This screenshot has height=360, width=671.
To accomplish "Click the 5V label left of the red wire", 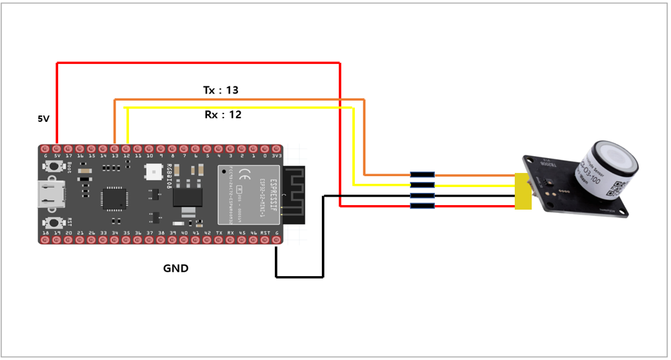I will click(x=43, y=119).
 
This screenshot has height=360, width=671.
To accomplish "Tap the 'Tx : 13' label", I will click(x=221, y=90).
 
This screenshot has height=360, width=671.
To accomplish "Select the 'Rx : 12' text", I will click(x=223, y=114).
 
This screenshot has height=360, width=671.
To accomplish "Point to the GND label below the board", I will click(x=175, y=268).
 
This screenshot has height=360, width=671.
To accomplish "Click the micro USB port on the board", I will click(x=51, y=193).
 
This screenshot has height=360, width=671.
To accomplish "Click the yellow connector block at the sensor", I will click(x=523, y=190).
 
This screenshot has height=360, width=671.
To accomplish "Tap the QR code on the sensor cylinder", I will click(x=617, y=186).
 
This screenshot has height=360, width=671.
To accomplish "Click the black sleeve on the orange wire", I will click(x=423, y=174).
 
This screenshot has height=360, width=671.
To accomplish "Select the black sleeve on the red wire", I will click(x=423, y=206).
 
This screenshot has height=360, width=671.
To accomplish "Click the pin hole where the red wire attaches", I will click(x=57, y=148).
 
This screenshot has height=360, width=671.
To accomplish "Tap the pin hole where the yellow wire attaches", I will click(x=127, y=148).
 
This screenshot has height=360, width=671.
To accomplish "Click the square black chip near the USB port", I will click(x=113, y=197).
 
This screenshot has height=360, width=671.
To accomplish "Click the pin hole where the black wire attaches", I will click(x=277, y=240).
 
